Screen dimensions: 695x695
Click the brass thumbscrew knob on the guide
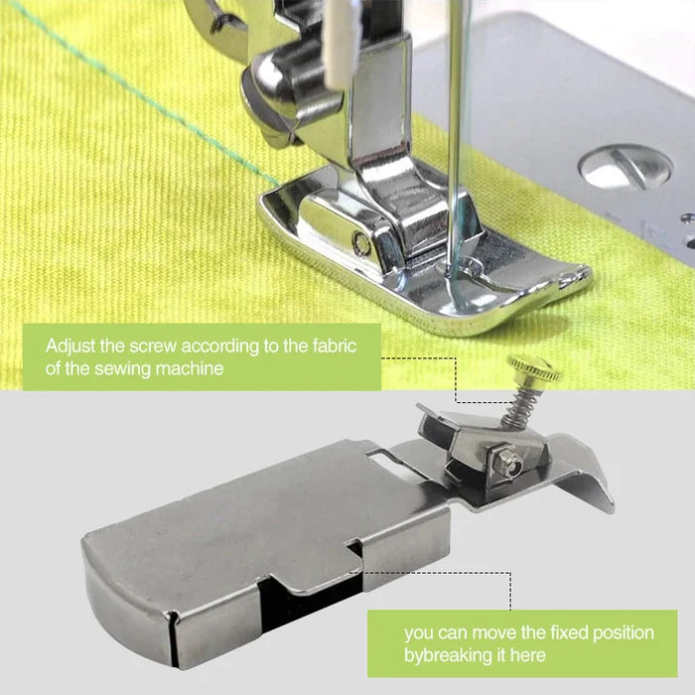[x=534, y=370]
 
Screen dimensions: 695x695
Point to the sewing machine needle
[x=455, y=149]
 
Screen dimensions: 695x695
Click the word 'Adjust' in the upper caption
[x=70, y=347]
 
